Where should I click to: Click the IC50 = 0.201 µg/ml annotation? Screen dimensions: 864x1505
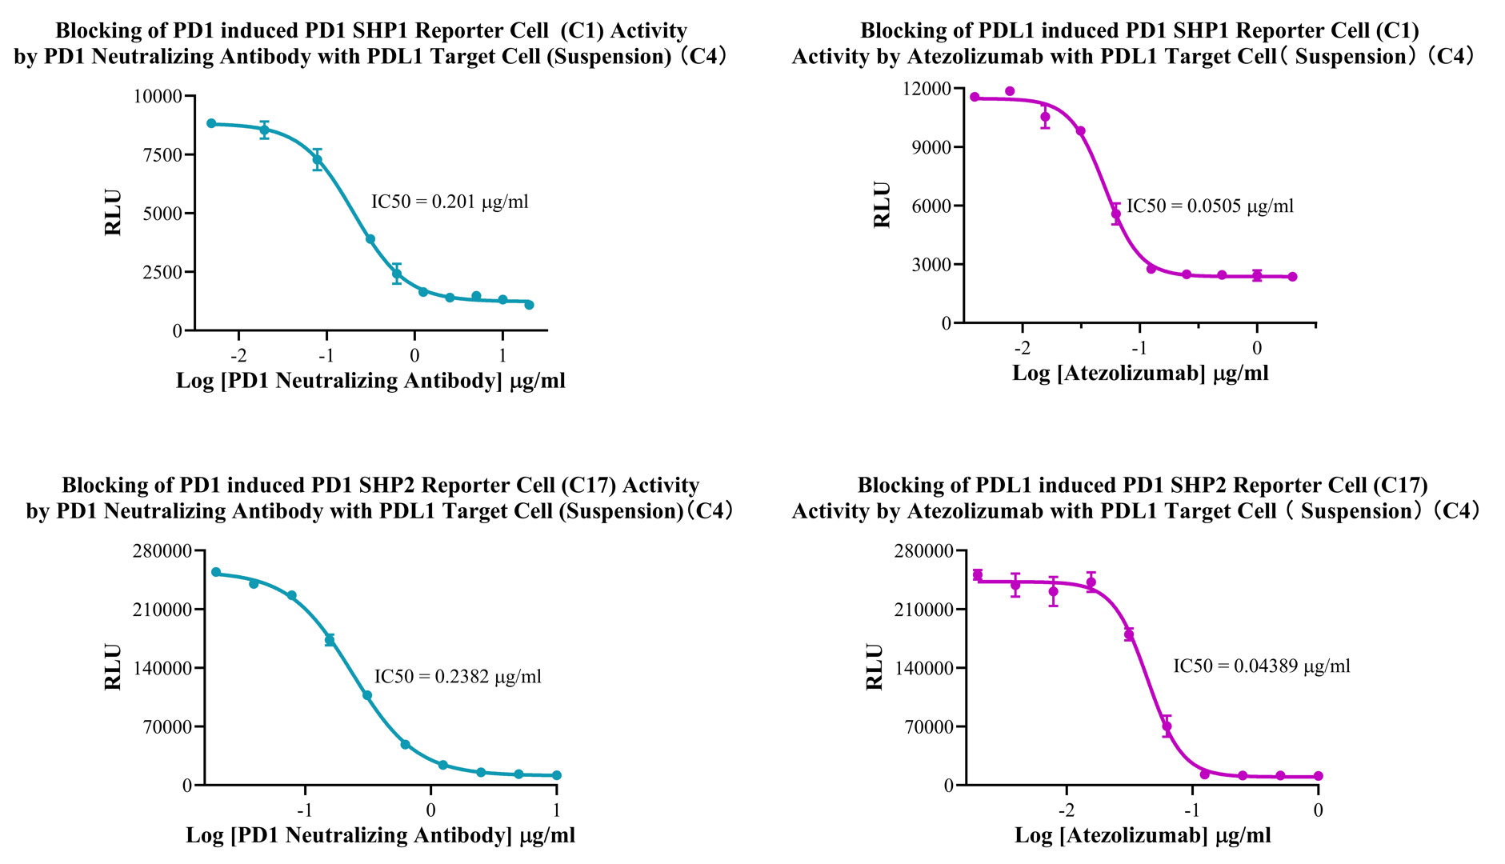coord(450,202)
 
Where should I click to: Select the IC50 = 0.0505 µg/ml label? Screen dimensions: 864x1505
coord(1210,206)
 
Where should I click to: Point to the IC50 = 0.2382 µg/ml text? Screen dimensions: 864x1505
coord(458,677)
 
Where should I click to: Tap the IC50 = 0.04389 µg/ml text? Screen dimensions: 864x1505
coord(1261,666)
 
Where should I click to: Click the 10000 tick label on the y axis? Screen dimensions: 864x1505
coord(158,97)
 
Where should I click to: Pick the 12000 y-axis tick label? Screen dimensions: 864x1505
coord(927,89)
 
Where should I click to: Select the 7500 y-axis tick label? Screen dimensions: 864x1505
coord(162,155)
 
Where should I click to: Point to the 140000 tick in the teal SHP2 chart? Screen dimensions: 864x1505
coord(162,669)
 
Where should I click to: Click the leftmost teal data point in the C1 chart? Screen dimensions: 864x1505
coord(211,123)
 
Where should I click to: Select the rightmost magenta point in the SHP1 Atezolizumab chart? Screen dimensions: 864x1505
coord(1292,277)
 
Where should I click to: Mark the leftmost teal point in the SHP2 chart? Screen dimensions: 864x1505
coord(216,572)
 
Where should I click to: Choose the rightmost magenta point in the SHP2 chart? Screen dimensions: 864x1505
coord(1319,776)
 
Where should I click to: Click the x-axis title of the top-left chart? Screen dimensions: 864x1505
coord(370,381)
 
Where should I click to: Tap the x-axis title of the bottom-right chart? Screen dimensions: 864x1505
coord(1143,836)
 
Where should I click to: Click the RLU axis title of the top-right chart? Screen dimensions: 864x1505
coord(882,206)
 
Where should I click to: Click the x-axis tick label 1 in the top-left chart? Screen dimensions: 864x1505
coord(502,355)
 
